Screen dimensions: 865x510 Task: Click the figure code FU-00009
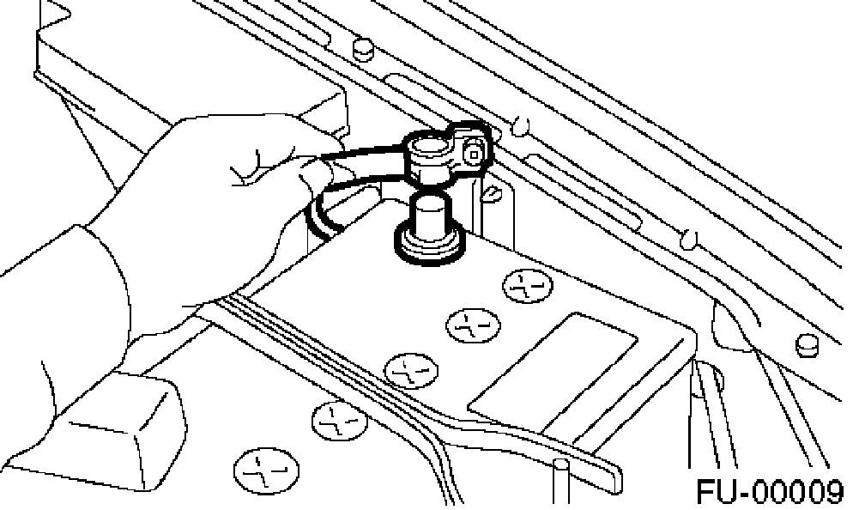pos(769,492)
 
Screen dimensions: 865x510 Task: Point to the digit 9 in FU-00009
pos(830,492)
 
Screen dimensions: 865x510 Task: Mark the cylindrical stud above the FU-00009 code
pos(806,343)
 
